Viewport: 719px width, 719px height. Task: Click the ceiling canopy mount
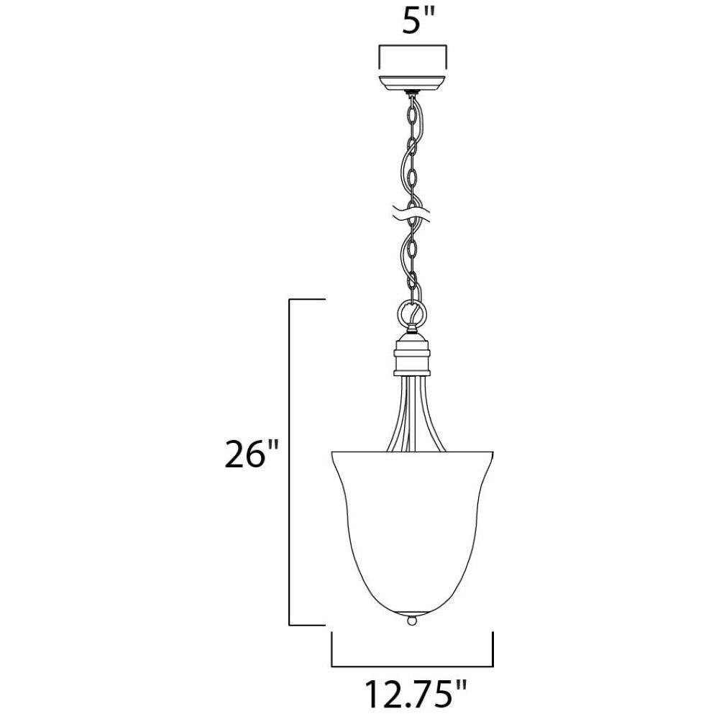(x=412, y=83)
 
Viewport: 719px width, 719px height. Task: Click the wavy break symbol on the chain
(x=412, y=214)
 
